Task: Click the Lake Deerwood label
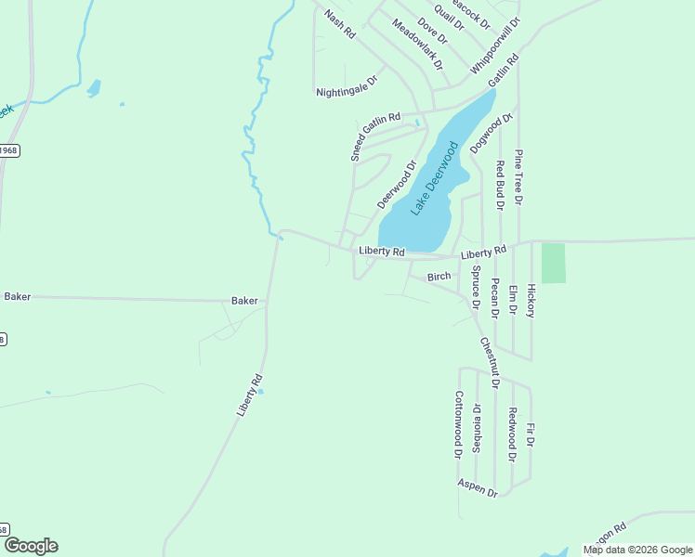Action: [x=435, y=179]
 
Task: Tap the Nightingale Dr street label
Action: [x=348, y=92]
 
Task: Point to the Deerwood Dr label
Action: [x=397, y=185]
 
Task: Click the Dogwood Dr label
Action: [x=491, y=134]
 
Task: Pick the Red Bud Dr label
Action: [x=500, y=183]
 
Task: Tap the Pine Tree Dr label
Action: [x=519, y=176]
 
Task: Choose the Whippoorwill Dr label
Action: [x=495, y=45]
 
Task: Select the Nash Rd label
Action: [x=340, y=24]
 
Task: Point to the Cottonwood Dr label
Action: [x=458, y=424]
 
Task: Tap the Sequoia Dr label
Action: [x=477, y=425]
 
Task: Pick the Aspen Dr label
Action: [x=478, y=487]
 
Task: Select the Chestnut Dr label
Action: [x=490, y=362]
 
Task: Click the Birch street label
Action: [x=439, y=277]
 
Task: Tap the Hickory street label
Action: [x=531, y=301]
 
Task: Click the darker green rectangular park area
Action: [x=553, y=263]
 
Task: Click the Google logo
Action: [x=31, y=546]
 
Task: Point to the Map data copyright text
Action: [x=637, y=550]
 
